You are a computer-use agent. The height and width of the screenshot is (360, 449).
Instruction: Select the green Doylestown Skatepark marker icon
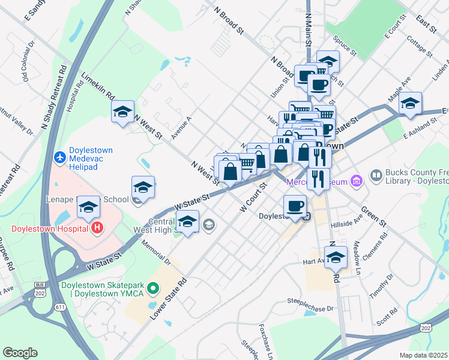click(x=153, y=289)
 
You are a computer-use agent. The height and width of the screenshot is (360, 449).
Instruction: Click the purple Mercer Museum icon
click(x=357, y=180)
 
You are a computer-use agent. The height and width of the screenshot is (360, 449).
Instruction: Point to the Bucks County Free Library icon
click(x=376, y=175)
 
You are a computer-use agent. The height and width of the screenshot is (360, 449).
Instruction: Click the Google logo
click(x=19, y=352)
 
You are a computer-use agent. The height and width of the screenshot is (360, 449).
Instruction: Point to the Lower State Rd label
click(x=167, y=298)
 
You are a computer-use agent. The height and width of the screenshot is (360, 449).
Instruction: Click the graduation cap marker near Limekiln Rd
click(x=122, y=112)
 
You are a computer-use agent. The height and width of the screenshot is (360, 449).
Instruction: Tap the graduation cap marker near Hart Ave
click(x=337, y=257)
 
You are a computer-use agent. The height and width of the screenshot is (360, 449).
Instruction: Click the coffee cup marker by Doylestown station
click(x=294, y=206)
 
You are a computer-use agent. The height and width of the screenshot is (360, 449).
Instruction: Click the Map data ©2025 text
click(x=424, y=355)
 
